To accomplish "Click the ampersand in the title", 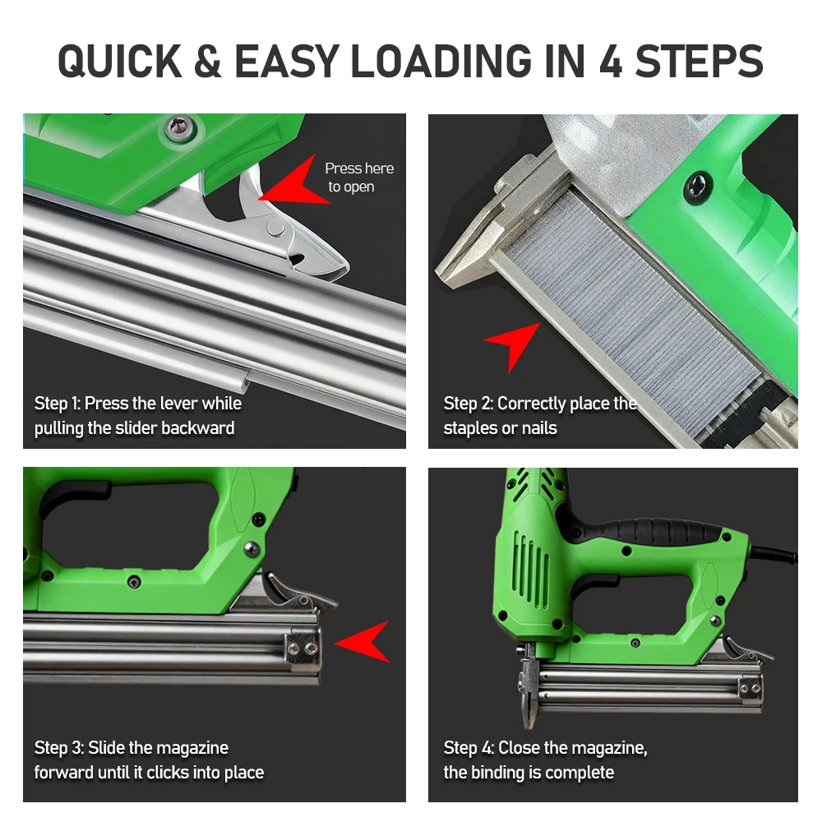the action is (207, 62).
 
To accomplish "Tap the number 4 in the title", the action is (610, 62).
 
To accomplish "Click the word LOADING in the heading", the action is (441, 62).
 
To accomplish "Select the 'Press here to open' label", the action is (359, 178).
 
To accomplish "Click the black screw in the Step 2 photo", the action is (698, 186).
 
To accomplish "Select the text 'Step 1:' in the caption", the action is (58, 403).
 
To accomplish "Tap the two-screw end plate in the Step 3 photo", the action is (303, 649).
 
